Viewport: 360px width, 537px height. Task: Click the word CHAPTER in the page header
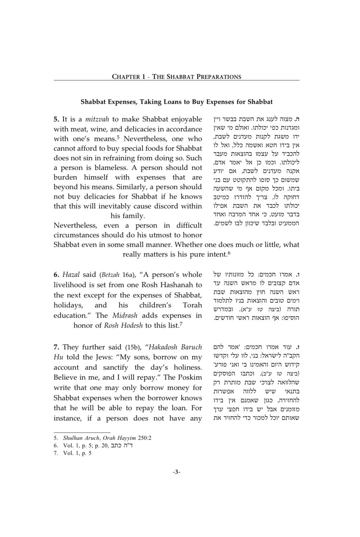[126, 77]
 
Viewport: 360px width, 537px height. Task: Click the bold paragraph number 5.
[56, 119]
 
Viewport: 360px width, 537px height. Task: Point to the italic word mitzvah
[97, 119]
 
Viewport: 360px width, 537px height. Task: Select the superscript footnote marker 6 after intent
[229, 253]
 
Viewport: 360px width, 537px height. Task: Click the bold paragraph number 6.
[56, 275]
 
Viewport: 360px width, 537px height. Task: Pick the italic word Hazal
[71, 275]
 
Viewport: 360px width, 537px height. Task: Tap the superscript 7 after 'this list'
[181, 324]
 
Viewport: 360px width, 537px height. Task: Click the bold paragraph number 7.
[56, 347]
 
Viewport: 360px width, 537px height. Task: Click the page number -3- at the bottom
[177, 472]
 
